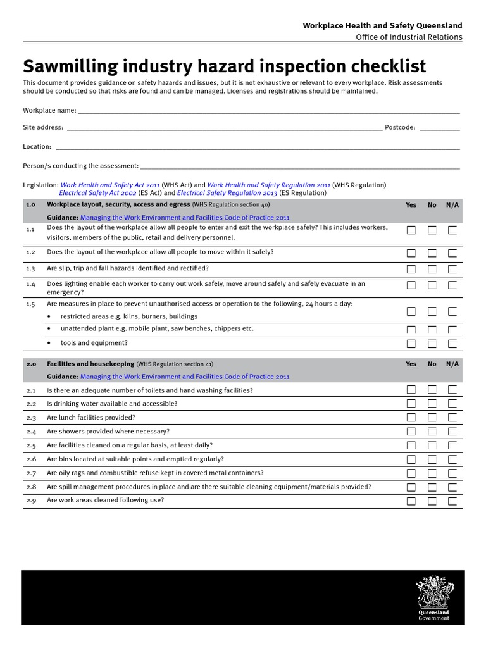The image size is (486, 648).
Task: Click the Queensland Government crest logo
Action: (433, 597)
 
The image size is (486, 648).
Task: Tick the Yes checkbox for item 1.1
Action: (411, 230)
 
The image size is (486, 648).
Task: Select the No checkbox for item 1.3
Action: (432, 269)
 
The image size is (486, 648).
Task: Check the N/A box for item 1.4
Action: (452, 285)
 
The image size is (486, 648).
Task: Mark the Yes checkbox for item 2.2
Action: (411, 404)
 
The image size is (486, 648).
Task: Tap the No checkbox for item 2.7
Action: (432, 473)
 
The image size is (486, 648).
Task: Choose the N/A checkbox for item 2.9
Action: (452, 501)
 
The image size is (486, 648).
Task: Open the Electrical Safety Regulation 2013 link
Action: (227, 193)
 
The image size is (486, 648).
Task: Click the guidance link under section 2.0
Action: (185, 377)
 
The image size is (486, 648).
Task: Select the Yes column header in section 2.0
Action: (411, 364)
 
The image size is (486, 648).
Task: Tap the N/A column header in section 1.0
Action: (452, 205)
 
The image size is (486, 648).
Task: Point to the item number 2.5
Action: (32, 445)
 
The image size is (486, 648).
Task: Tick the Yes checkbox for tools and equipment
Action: (411, 344)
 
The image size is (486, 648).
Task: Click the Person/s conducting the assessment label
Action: (81, 166)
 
